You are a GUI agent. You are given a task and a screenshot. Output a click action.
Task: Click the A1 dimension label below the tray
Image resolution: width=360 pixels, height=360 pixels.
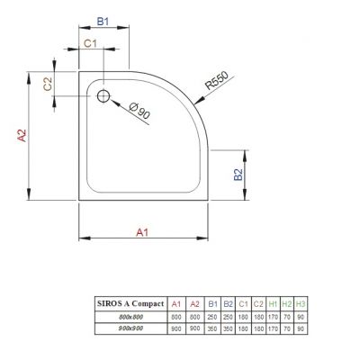[x=142, y=232]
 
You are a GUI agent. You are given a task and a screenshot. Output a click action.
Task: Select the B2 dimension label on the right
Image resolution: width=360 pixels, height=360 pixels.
[x=238, y=175]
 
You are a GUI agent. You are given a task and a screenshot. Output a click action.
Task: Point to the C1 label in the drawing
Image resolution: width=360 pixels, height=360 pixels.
[x=91, y=43]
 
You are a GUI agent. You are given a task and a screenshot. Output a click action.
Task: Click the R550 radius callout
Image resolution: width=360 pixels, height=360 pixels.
[x=216, y=82]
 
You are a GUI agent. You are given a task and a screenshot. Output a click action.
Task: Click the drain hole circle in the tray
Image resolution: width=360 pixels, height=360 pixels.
[x=103, y=94]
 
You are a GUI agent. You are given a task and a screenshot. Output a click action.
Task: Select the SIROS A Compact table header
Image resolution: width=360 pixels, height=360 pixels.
[x=129, y=304]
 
